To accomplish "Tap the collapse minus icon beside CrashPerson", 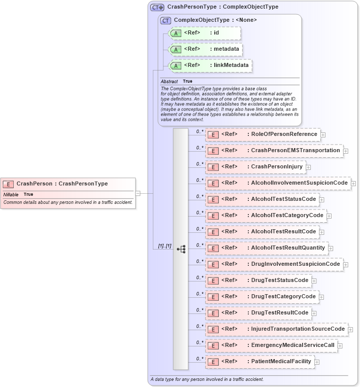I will pyautogui.click(x=138, y=193).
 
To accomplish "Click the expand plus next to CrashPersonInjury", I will pyautogui.click(x=308, y=167).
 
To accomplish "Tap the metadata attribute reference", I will pyautogui.click(x=206, y=49).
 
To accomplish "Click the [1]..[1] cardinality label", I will pyautogui.click(x=165, y=246).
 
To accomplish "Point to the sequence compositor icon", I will pyautogui.click(x=181, y=249).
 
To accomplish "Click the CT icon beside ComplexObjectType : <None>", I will pyautogui.click(x=166, y=20).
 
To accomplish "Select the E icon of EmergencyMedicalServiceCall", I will pyautogui.click(x=214, y=345).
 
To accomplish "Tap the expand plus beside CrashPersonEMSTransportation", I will pyautogui.click(x=346, y=151).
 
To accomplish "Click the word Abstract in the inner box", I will pyautogui.click(x=169, y=81).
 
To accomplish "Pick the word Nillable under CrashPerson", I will pyautogui.click(x=11, y=194).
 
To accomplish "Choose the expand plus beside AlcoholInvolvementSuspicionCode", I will pyautogui.click(x=353, y=183).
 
